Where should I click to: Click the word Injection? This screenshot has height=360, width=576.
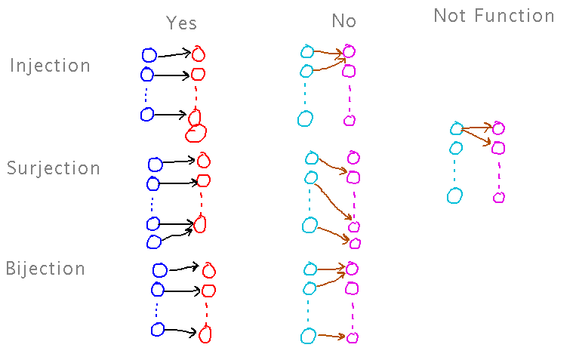pyautogui.click(x=50, y=66)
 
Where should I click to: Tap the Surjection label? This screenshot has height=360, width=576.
pyautogui.click(x=54, y=168)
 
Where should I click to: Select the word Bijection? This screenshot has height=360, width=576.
pyautogui.click(x=46, y=269)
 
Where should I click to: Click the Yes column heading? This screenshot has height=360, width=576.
pyautogui.click(x=181, y=23)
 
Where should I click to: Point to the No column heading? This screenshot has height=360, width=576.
pyautogui.click(x=343, y=21)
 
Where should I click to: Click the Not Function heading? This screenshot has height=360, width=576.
pyautogui.click(x=494, y=16)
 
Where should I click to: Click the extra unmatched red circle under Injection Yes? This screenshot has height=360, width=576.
pyautogui.click(x=196, y=134)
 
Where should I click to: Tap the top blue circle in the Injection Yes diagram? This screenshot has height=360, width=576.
pyautogui.click(x=149, y=54)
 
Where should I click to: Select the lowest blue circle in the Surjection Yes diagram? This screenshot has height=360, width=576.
pyautogui.click(x=153, y=242)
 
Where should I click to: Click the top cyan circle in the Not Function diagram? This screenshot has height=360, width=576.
pyautogui.click(x=456, y=129)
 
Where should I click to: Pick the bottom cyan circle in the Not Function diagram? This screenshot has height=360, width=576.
pyautogui.click(x=454, y=196)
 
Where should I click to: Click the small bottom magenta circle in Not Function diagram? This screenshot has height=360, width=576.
pyautogui.click(x=498, y=198)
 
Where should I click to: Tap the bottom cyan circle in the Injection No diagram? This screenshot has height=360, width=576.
pyautogui.click(x=305, y=118)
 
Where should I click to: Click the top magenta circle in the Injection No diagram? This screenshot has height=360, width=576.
pyautogui.click(x=349, y=52)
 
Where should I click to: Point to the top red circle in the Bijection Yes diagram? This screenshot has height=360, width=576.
pyautogui.click(x=208, y=270)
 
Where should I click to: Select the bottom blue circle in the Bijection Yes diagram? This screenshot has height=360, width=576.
pyautogui.click(x=157, y=329)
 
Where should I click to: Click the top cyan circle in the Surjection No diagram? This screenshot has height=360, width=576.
pyautogui.click(x=311, y=158)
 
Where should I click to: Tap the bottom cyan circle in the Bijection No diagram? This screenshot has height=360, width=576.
pyautogui.click(x=308, y=336)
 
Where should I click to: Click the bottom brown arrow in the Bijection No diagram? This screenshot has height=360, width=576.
pyautogui.click(x=331, y=337)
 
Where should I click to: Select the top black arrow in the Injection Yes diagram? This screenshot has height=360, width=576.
pyautogui.click(x=173, y=54)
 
